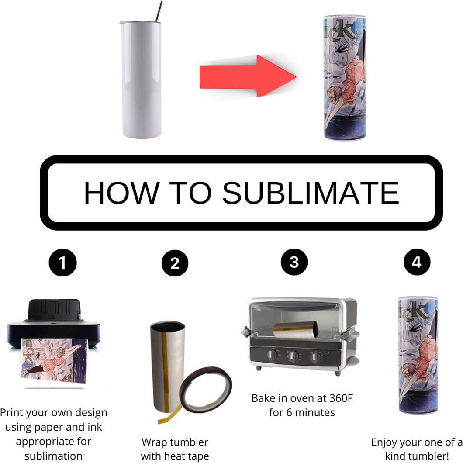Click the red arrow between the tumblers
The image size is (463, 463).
[247, 76]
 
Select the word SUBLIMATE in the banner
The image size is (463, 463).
[311, 192]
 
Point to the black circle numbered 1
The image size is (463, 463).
[63, 263]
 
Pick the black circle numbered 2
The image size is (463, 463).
[175, 263]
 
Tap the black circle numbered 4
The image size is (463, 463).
[417, 262]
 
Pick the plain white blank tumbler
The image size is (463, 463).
[141, 79]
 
